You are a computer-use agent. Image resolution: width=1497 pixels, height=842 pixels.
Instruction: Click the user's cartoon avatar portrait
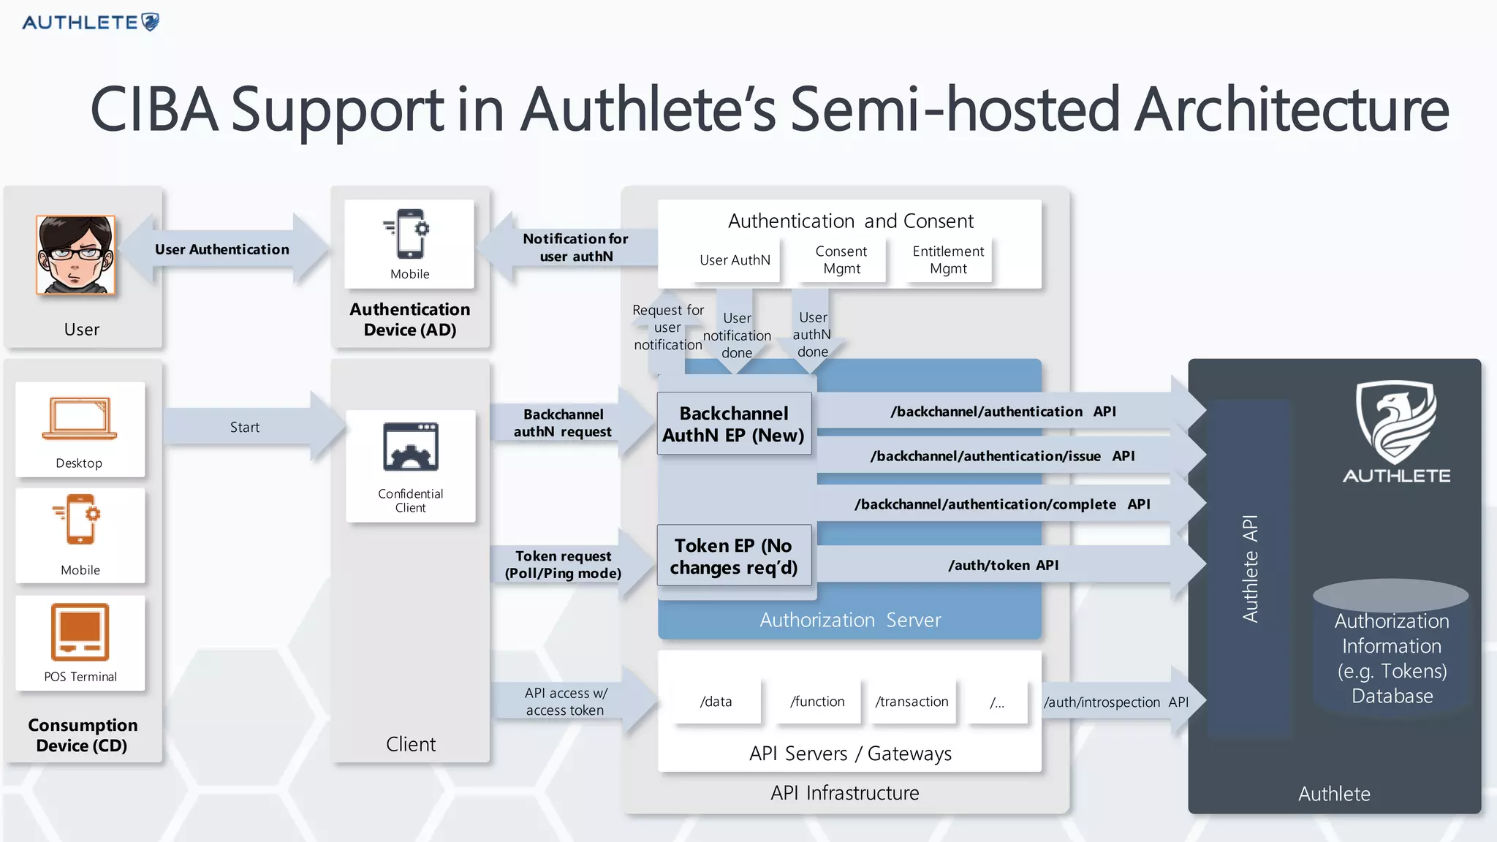(76, 255)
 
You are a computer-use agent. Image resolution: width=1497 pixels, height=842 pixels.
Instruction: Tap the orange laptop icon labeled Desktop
(79, 418)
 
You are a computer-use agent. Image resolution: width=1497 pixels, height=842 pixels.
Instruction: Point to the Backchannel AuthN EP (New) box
(734, 424)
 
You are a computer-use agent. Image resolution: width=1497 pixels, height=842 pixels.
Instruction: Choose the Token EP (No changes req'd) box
(734, 556)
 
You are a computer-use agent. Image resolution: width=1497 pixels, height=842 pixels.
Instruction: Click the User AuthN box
(735, 260)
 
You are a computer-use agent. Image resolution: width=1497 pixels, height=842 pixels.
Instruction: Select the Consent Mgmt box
(841, 260)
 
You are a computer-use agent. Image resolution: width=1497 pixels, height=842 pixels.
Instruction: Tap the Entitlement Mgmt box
(948, 260)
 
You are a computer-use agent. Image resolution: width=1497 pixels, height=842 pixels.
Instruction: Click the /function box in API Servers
(817, 702)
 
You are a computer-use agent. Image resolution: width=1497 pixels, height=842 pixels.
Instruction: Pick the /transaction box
(912, 702)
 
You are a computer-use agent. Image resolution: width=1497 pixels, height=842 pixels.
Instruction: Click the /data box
(716, 702)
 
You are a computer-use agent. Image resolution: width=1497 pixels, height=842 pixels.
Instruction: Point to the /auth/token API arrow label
(1003, 565)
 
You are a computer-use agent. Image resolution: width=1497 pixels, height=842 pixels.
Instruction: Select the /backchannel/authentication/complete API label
(1002, 504)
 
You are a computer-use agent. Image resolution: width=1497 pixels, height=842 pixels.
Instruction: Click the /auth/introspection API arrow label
(1115, 702)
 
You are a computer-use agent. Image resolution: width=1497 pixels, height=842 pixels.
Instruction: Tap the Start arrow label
(245, 428)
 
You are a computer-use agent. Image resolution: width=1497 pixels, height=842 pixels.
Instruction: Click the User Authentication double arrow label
(221, 249)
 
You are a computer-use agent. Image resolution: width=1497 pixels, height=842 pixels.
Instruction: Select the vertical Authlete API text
(1250, 569)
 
